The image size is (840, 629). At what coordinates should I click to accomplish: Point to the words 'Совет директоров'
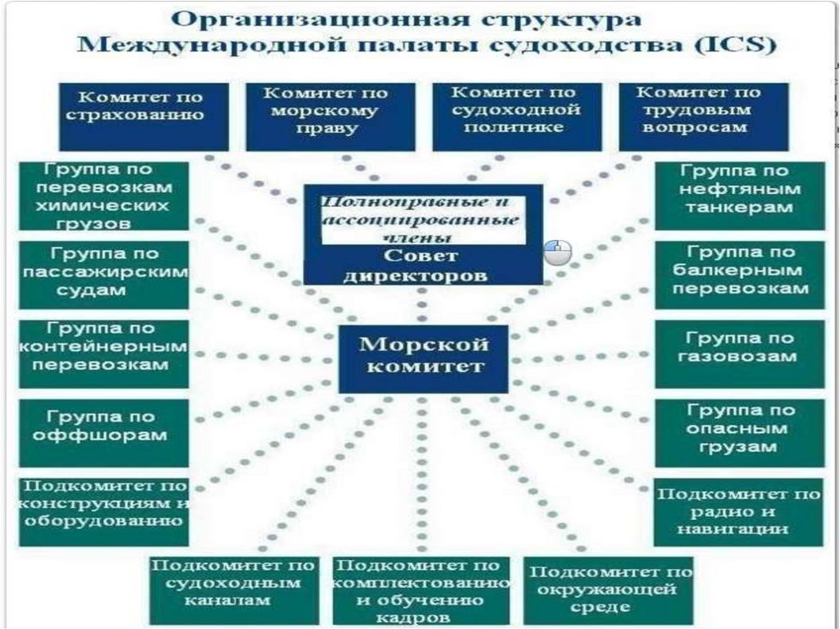coord(423,267)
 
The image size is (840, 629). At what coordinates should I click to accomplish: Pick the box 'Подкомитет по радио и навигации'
coord(738,512)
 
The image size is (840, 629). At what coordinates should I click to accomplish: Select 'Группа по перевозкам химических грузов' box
coord(104,195)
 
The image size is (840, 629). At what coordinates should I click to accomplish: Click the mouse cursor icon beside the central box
coord(558,252)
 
